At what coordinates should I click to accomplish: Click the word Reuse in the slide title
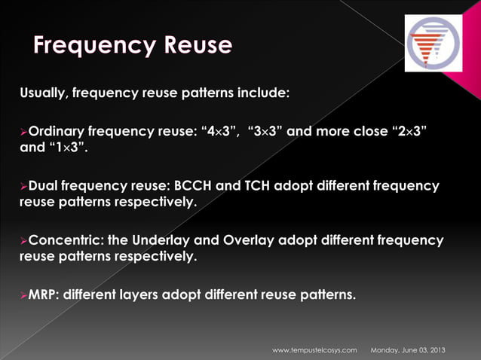[195, 46]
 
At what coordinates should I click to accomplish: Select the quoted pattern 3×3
[268, 131]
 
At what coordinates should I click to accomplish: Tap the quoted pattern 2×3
[406, 131]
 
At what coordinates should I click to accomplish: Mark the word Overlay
[251, 240]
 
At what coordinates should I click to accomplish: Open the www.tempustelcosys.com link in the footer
[314, 350]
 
